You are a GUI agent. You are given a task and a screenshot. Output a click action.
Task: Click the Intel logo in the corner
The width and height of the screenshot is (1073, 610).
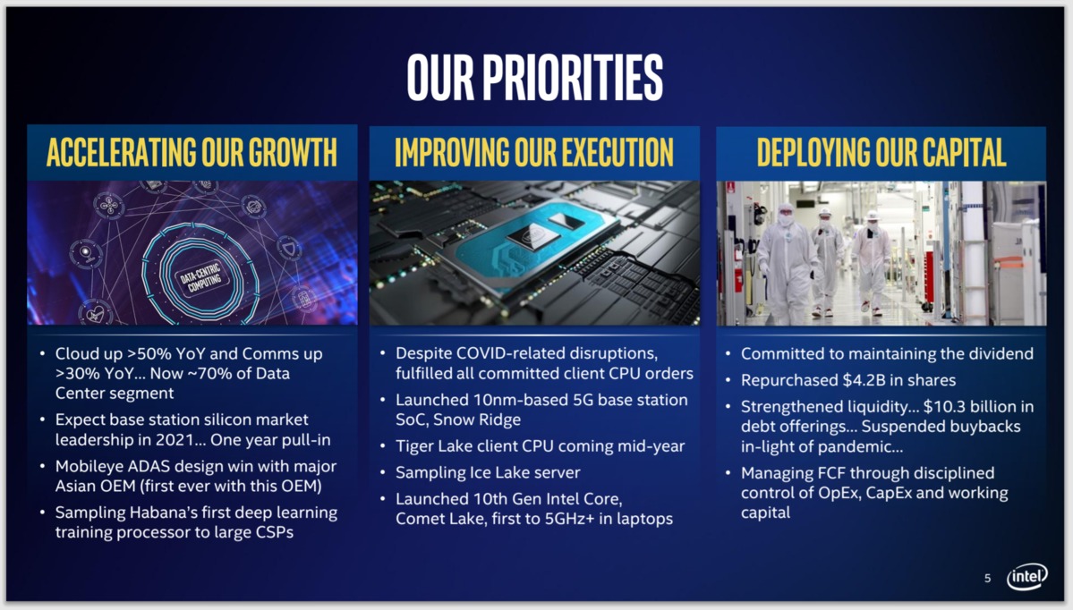(x=1027, y=577)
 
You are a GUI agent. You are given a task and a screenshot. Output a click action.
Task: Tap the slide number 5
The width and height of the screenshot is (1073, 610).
(x=987, y=579)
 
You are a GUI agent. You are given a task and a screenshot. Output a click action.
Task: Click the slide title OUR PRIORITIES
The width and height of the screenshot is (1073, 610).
(x=535, y=77)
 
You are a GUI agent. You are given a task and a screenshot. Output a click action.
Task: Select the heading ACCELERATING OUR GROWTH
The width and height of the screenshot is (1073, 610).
(x=192, y=152)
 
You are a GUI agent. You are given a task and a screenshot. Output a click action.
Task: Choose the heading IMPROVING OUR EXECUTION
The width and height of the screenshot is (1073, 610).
(x=534, y=152)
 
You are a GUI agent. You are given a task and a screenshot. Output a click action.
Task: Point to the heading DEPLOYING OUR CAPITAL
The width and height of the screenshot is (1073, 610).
(x=881, y=152)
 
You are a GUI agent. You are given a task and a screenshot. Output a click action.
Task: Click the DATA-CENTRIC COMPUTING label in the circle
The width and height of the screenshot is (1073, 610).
(x=200, y=277)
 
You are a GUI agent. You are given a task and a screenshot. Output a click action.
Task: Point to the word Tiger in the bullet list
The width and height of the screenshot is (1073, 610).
(x=414, y=446)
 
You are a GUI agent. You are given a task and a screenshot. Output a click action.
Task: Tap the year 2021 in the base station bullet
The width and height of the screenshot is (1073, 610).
(x=172, y=440)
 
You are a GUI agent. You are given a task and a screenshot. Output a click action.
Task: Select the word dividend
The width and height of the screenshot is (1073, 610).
(x=1000, y=354)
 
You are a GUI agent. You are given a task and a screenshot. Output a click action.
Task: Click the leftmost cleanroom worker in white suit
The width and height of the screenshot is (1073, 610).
(x=787, y=264)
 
